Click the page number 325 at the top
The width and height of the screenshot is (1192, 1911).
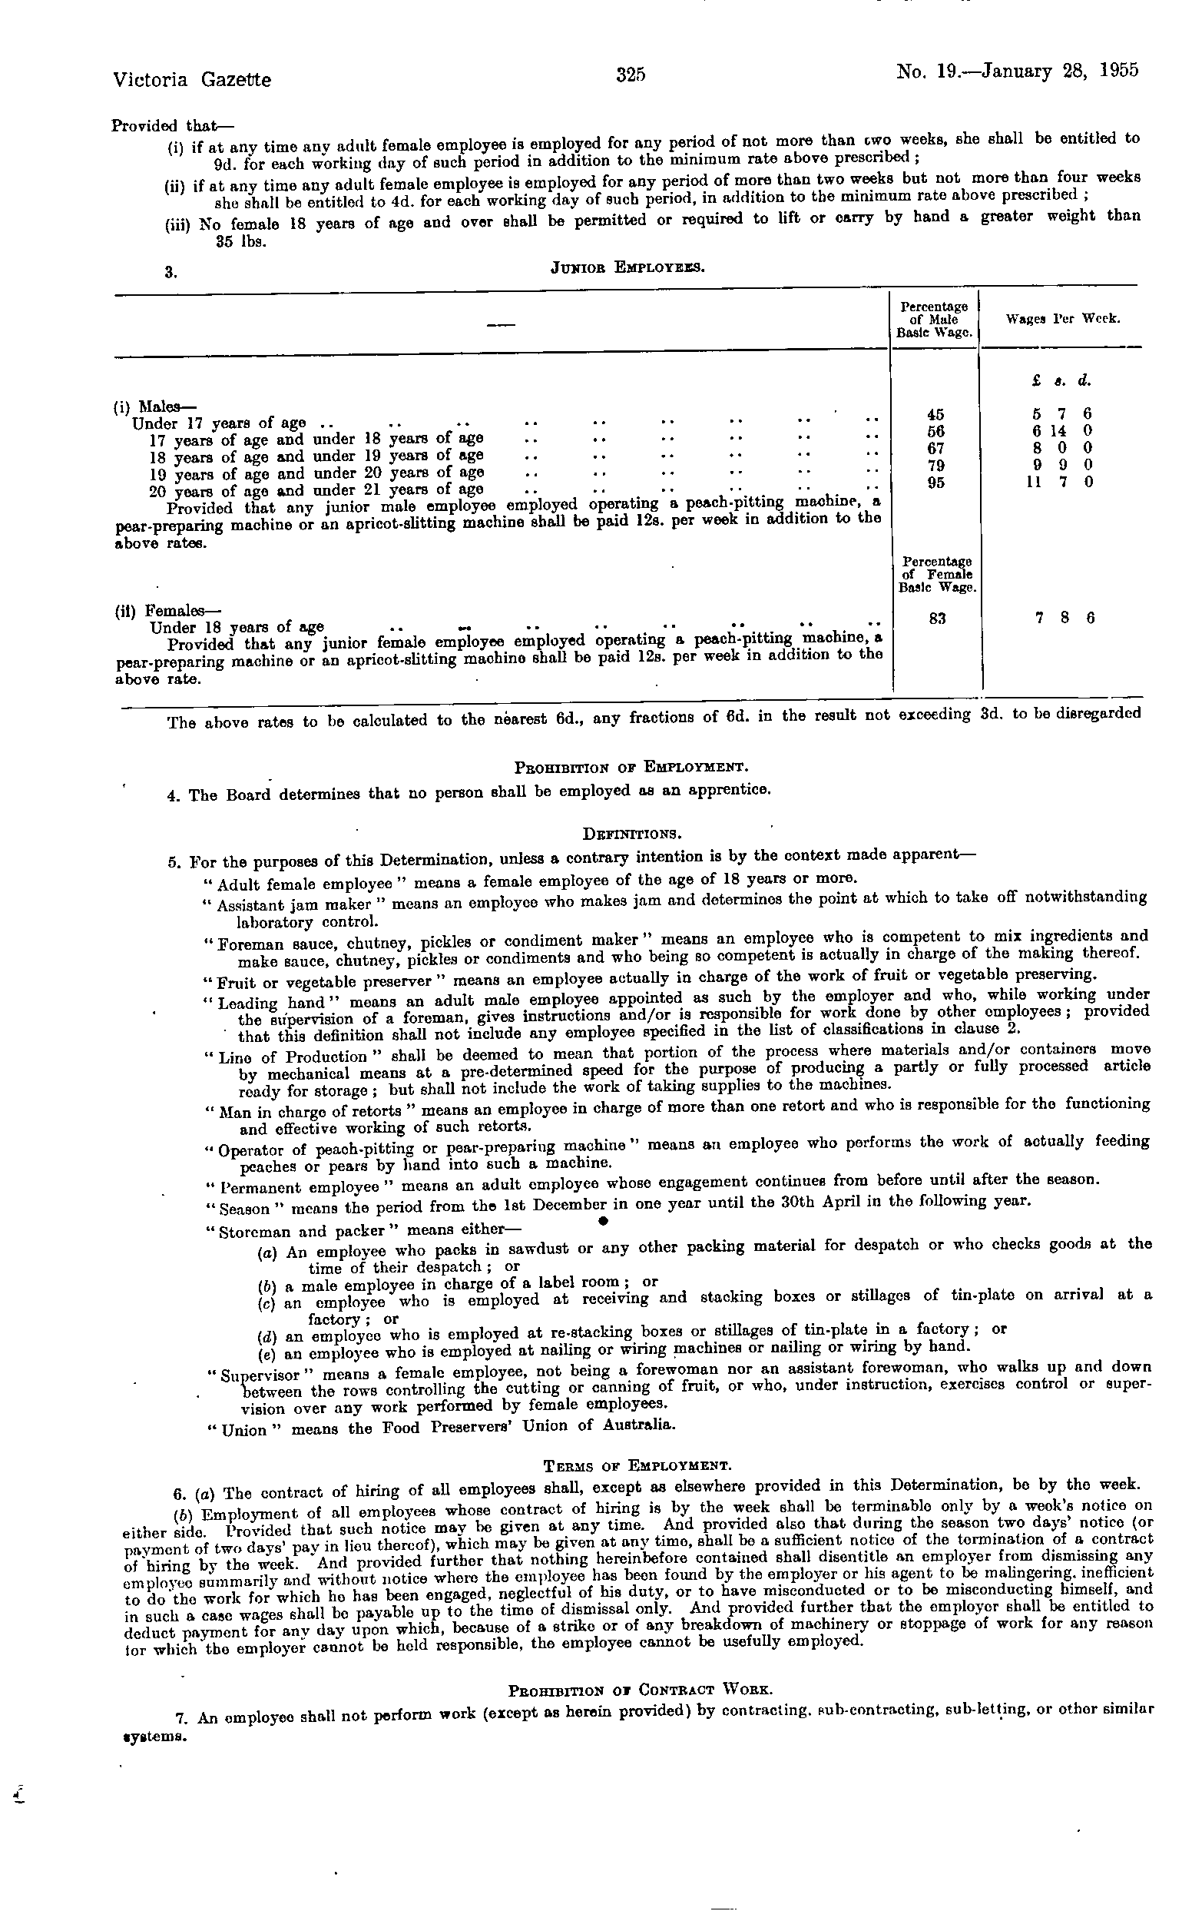631,75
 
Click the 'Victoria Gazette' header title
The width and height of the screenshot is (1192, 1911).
191,80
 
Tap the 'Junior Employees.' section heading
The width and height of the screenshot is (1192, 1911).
627,267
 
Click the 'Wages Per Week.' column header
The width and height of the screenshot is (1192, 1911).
1063,320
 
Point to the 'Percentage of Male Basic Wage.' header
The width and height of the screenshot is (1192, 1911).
935,320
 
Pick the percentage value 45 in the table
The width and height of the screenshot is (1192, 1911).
935,414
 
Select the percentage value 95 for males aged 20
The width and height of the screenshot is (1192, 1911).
935,483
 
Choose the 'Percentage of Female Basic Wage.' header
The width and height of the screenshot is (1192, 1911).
937,574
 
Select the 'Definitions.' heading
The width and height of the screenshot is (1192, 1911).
629,833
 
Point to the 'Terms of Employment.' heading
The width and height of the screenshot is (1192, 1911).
637,1466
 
